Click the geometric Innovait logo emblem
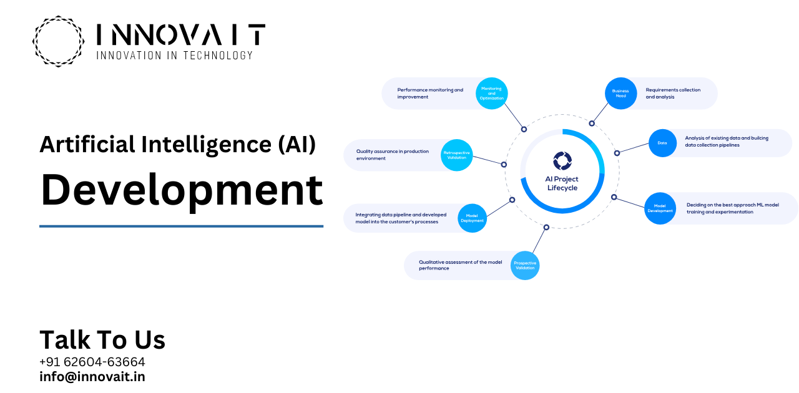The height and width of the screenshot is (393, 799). [x=58, y=41]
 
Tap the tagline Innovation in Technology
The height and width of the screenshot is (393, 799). [x=174, y=56]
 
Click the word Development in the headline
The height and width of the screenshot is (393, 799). [x=182, y=190]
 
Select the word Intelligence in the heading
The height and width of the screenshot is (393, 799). [x=203, y=144]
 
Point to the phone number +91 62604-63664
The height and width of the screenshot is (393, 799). [x=92, y=362]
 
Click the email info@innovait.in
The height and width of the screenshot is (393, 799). [x=92, y=377]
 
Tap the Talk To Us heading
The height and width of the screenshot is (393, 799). [x=102, y=340]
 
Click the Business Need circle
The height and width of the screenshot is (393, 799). [x=620, y=94]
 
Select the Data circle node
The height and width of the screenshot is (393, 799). [x=662, y=143]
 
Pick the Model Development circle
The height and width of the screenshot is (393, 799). [x=660, y=208]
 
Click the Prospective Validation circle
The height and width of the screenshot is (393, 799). [x=524, y=265]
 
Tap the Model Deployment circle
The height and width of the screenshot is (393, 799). [x=472, y=218]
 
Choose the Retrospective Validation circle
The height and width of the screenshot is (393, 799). [x=456, y=155]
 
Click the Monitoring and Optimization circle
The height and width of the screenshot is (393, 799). [x=491, y=94]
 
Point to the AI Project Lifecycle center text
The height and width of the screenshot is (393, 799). [x=562, y=183]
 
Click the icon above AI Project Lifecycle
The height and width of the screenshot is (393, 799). [x=562, y=160]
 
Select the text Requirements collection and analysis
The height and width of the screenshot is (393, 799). [x=673, y=94]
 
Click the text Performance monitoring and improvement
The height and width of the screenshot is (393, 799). [x=430, y=93]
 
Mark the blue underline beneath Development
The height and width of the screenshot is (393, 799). [x=181, y=226]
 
